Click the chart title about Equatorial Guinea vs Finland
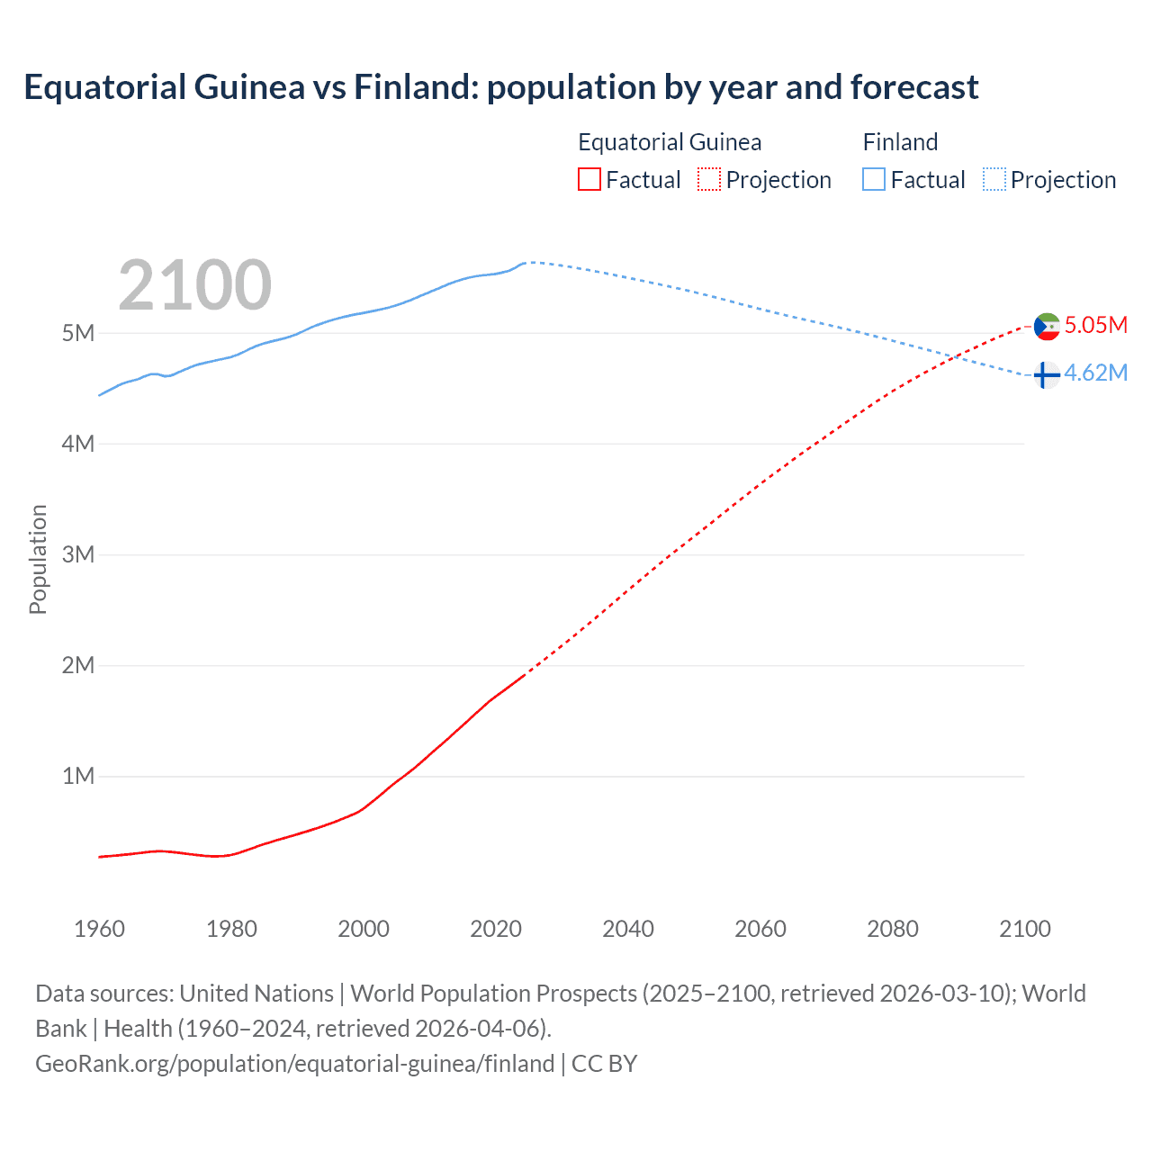tap(500, 87)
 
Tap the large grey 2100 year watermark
tap(194, 285)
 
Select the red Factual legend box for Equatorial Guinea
tap(589, 179)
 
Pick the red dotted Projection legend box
tap(709, 179)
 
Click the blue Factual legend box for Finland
tap(874, 179)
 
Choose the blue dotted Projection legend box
tap(994, 179)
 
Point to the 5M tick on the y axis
tap(78, 333)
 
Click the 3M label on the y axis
tap(78, 554)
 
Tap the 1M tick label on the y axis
tap(78, 776)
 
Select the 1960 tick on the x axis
tap(99, 929)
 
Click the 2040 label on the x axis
tap(628, 929)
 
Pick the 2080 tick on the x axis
tap(893, 929)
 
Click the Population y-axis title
tap(38, 559)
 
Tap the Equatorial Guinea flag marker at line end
tap(1047, 326)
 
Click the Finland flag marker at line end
tap(1045, 374)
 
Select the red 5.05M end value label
tap(1095, 325)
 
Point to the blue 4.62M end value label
tap(1095, 373)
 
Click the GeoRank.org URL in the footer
tap(294, 1064)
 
